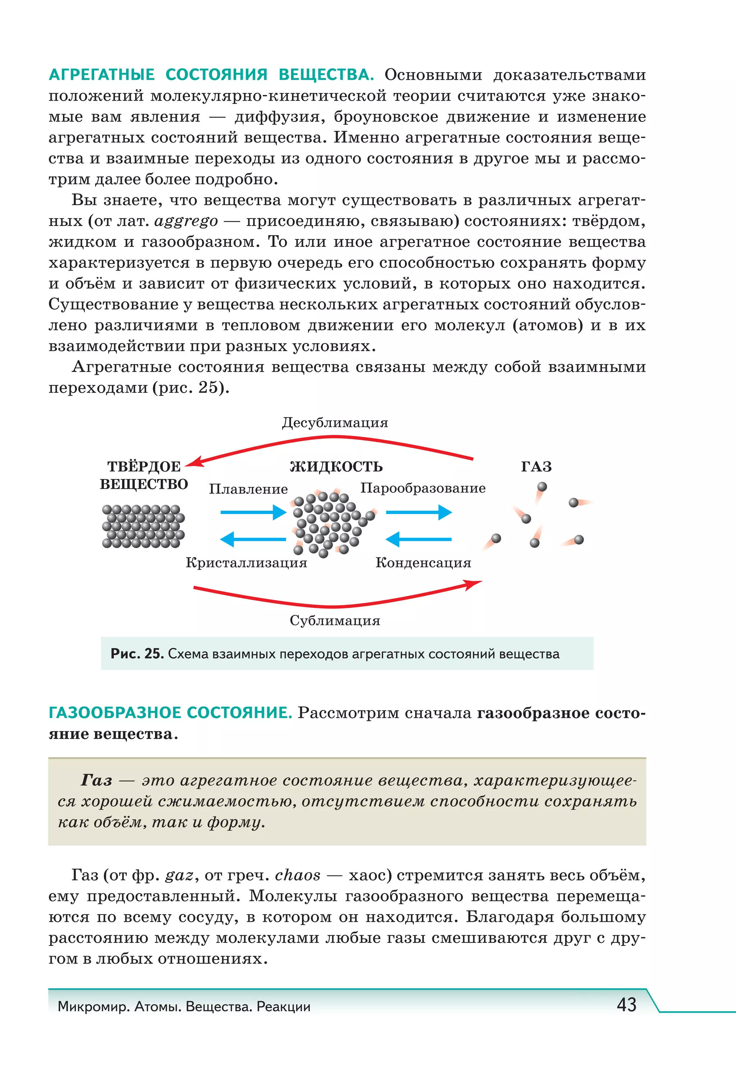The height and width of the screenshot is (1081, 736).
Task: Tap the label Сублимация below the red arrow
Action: point(335,621)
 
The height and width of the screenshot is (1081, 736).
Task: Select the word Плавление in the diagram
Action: point(248,489)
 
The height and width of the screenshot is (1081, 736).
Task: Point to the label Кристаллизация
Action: point(246,563)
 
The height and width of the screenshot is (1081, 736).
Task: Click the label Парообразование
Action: point(422,488)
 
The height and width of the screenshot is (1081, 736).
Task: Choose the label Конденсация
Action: point(423,563)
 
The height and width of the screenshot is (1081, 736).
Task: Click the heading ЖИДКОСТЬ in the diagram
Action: point(336,466)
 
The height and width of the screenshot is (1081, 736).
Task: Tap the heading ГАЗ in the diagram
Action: point(536,466)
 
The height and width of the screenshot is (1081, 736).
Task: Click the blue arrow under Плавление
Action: point(253,512)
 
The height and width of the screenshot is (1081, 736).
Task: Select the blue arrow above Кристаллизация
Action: point(253,539)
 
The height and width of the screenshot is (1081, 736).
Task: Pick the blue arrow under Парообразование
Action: point(419,512)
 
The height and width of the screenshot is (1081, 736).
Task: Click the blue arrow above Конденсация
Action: point(419,539)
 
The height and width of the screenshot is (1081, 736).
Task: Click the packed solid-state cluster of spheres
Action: point(143,526)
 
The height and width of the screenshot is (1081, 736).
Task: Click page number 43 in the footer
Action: point(626,1005)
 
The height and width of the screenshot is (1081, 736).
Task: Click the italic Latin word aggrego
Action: point(186,221)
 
